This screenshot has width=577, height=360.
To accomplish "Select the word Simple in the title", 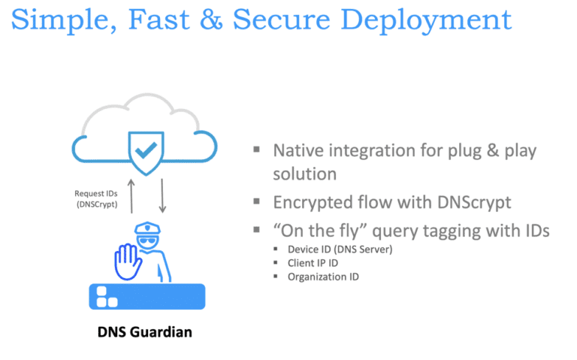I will (57, 20).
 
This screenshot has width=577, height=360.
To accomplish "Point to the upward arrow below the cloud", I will (132, 198).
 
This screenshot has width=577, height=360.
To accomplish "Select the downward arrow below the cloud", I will (162, 198).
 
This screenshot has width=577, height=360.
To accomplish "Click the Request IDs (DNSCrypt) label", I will (95, 198).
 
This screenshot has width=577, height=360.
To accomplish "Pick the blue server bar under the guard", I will (147, 296).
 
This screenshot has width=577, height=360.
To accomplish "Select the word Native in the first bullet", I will (299, 150).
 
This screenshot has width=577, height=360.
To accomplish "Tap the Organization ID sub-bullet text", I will (323, 277).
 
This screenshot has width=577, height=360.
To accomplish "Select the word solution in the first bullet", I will (304, 174).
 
